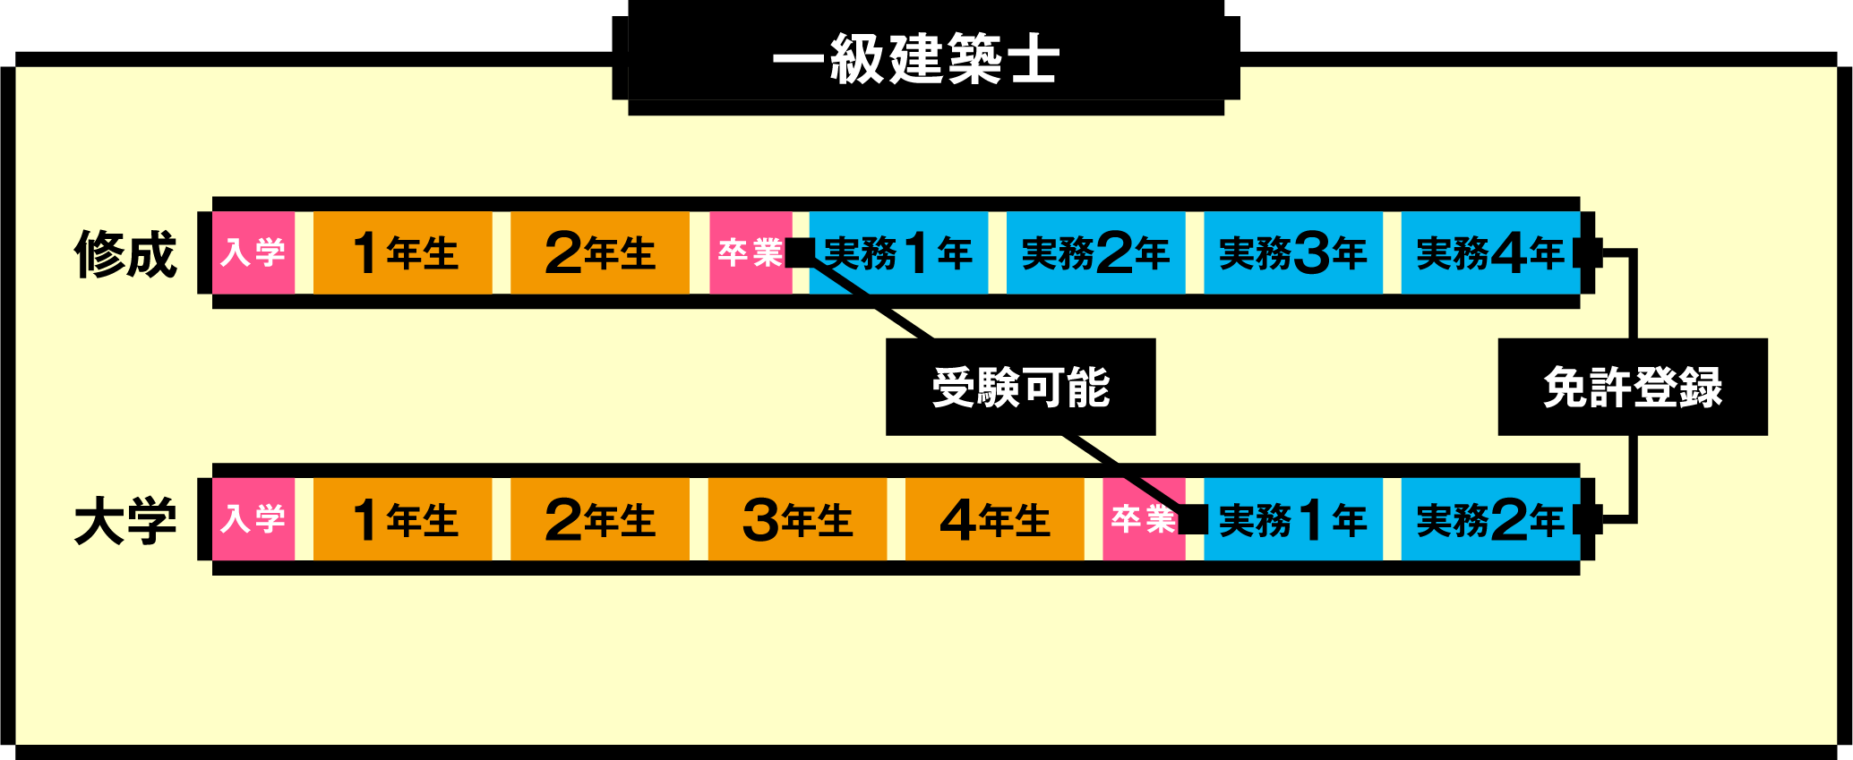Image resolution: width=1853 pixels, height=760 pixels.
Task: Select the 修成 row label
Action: pos(125,253)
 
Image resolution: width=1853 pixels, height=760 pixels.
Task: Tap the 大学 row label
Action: pos(125,520)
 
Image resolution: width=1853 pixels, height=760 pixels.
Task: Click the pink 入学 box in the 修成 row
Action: pos(253,252)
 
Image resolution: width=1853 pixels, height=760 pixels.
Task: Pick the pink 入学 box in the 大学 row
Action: pos(253,519)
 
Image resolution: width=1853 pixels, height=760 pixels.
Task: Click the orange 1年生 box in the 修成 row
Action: pos(403,252)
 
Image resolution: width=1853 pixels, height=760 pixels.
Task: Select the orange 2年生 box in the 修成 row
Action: pos(600,252)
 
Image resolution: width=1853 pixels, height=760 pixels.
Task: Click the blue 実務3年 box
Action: pos(1292,252)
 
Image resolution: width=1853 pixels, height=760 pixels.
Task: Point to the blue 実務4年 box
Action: pos(1489,252)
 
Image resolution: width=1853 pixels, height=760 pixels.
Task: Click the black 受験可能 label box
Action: pos(1020,387)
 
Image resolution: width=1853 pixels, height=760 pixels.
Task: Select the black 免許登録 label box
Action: pos(1632,387)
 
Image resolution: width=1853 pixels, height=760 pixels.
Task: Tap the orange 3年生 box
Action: pos(797,519)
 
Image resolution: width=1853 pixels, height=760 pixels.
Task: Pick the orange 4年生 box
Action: pos(994,519)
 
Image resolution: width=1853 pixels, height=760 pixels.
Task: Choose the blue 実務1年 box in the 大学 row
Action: pos(1292,519)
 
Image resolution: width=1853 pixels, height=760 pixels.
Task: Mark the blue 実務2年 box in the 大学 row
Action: pos(1489,519)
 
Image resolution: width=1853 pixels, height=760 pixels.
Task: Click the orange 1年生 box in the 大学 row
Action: pos(403,519)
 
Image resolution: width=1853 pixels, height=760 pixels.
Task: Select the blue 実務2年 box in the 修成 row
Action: pos(1095,252)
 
